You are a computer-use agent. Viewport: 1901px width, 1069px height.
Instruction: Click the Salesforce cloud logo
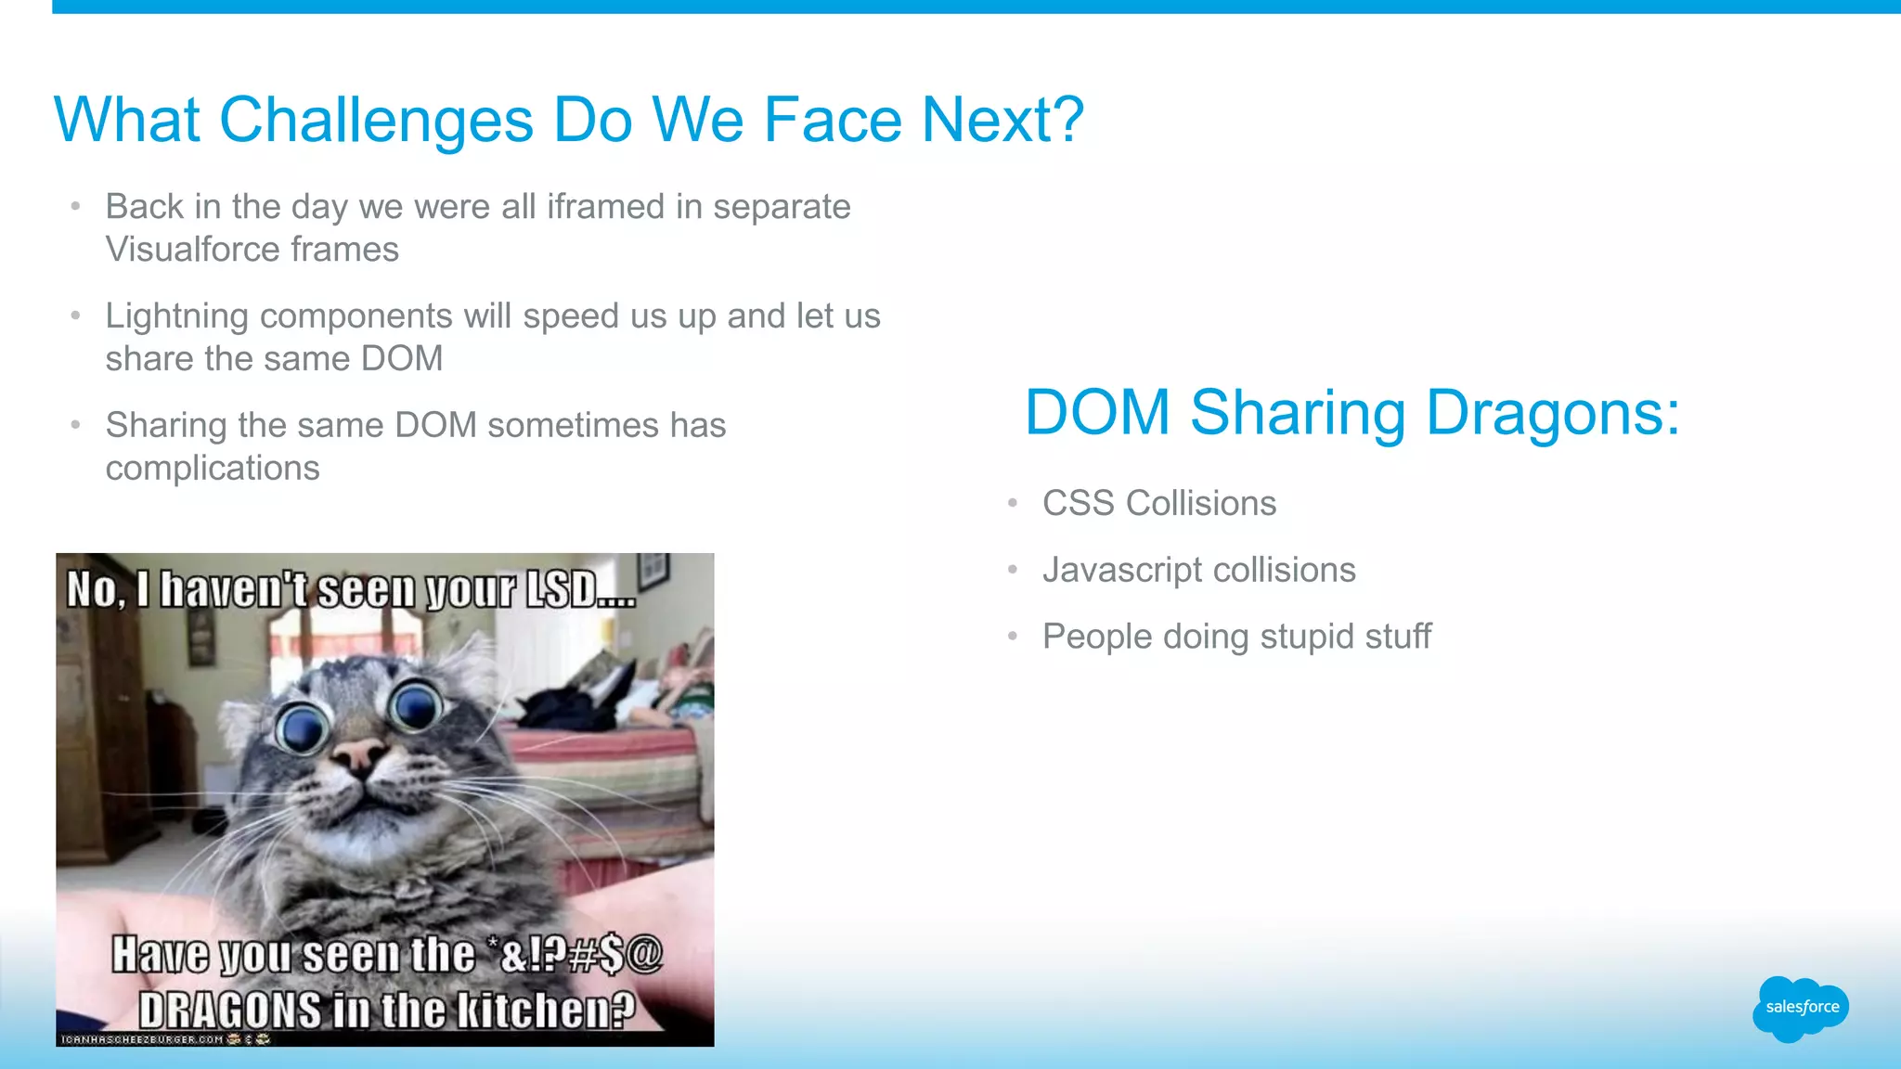coord(1801,1008)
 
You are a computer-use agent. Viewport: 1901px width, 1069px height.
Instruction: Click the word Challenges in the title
coord(376,121)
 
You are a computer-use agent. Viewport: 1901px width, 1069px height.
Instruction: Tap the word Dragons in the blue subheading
coord(1551,413)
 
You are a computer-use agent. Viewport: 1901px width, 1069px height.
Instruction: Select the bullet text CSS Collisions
coord(1158,504)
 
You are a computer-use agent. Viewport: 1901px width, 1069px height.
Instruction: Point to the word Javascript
coord(1122,571)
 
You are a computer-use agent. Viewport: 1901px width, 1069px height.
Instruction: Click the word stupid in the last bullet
coord(1303,637)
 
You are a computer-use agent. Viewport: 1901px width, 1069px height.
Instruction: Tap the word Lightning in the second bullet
coord(176,316)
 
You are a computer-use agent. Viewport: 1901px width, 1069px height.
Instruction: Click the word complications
coord(213,469)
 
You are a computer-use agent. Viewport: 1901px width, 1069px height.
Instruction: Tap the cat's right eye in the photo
coord(416,707)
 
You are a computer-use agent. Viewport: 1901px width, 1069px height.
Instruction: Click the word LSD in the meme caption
coord(562,590)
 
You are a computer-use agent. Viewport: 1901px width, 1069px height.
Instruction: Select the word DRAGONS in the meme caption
coord(230,1011)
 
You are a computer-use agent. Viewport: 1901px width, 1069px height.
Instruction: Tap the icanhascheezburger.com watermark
coord(143,1039)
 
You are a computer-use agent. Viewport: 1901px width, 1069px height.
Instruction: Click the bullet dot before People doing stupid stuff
coord(1013,638)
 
